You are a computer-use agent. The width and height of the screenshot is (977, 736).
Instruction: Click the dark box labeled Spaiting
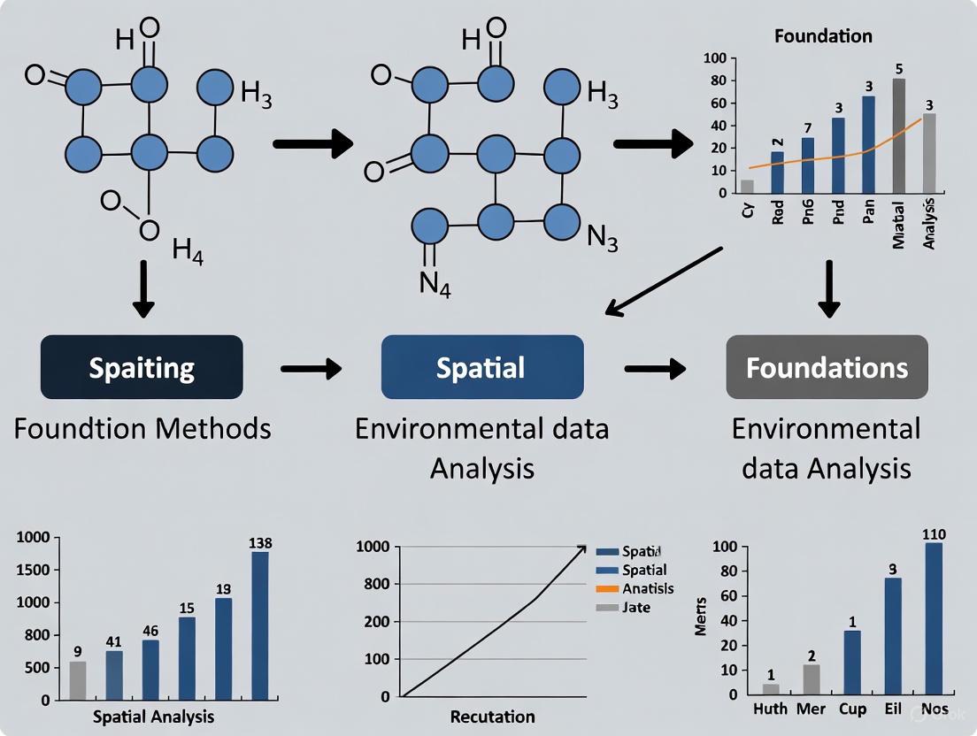[x=142, y=367]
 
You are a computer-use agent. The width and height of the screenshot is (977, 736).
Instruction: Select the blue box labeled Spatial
[x=481, y=367]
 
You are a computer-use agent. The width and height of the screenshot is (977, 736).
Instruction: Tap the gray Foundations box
[x=827, y=367]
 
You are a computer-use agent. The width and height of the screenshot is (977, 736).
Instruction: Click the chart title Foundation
[x=823, y=36]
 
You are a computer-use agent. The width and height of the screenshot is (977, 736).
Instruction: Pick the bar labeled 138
[x=260, y=625]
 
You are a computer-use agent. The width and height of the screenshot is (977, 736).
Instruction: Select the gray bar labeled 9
[x=79, y=679]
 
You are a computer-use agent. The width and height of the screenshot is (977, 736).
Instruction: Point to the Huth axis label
[x=770, y=709]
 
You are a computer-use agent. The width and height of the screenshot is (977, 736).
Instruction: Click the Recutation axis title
[x=492, y=717]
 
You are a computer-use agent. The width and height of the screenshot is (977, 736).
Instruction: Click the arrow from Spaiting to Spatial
[x=311, y=369]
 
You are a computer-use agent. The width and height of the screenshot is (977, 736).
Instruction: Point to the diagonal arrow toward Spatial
[x=664, y=280]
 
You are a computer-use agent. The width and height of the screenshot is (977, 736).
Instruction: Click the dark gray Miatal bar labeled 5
[x=898, y=134]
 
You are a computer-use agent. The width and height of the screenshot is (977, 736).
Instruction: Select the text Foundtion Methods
[x=142, y=429]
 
